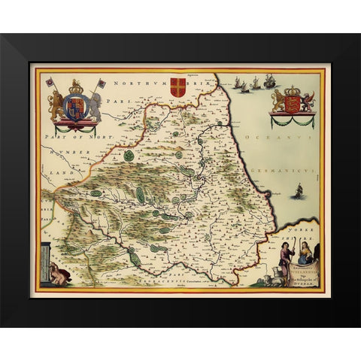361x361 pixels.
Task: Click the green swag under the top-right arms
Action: click(292, 120)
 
